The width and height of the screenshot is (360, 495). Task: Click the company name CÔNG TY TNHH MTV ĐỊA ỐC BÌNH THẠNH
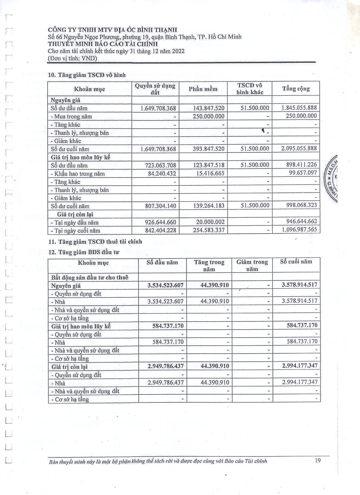tap(112, 30)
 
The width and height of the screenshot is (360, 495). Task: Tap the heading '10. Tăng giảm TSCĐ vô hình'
tap(87, 75)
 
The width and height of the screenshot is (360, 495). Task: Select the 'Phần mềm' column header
tap(203, 89)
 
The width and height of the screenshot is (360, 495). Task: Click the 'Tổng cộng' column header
tap(296, 89)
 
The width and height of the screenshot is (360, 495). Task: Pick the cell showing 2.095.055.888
tap(299, 148)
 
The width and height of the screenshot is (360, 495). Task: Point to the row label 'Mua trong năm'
tap(73, 117)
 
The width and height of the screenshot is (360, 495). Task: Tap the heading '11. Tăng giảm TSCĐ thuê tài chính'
tap(95, 242)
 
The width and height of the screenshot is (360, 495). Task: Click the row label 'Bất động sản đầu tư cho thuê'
tap(90, 277)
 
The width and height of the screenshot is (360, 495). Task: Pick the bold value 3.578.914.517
tap(299, 285)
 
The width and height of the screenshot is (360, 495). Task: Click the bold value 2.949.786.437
tap(165, 366)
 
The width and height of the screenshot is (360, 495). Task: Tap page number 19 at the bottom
tap(318, 461)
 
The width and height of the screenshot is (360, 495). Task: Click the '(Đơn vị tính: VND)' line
tap(73, 58)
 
